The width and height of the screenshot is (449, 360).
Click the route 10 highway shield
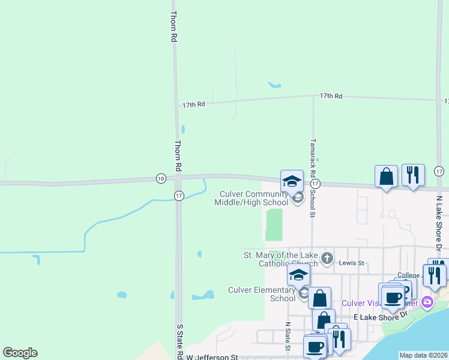point(160,178)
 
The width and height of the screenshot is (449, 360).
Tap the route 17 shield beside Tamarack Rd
point(316,183)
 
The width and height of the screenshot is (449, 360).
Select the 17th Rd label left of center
point(194,104)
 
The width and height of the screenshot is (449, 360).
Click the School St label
point(313,205)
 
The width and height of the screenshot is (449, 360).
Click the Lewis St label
point(353,263)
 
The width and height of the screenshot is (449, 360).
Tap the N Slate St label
point(288,335)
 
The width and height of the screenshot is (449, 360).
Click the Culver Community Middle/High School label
point(253,197)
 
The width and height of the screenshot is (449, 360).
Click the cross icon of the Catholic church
point(327,259)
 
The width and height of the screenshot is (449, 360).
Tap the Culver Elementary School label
point(262,294)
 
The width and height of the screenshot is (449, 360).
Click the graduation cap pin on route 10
point(292,181)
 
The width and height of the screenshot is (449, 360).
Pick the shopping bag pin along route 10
point(386,176)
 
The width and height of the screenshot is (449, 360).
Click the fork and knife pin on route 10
point(413,175)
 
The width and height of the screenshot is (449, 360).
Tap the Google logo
point(20,353)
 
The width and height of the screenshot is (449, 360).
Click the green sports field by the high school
point(274,224)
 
